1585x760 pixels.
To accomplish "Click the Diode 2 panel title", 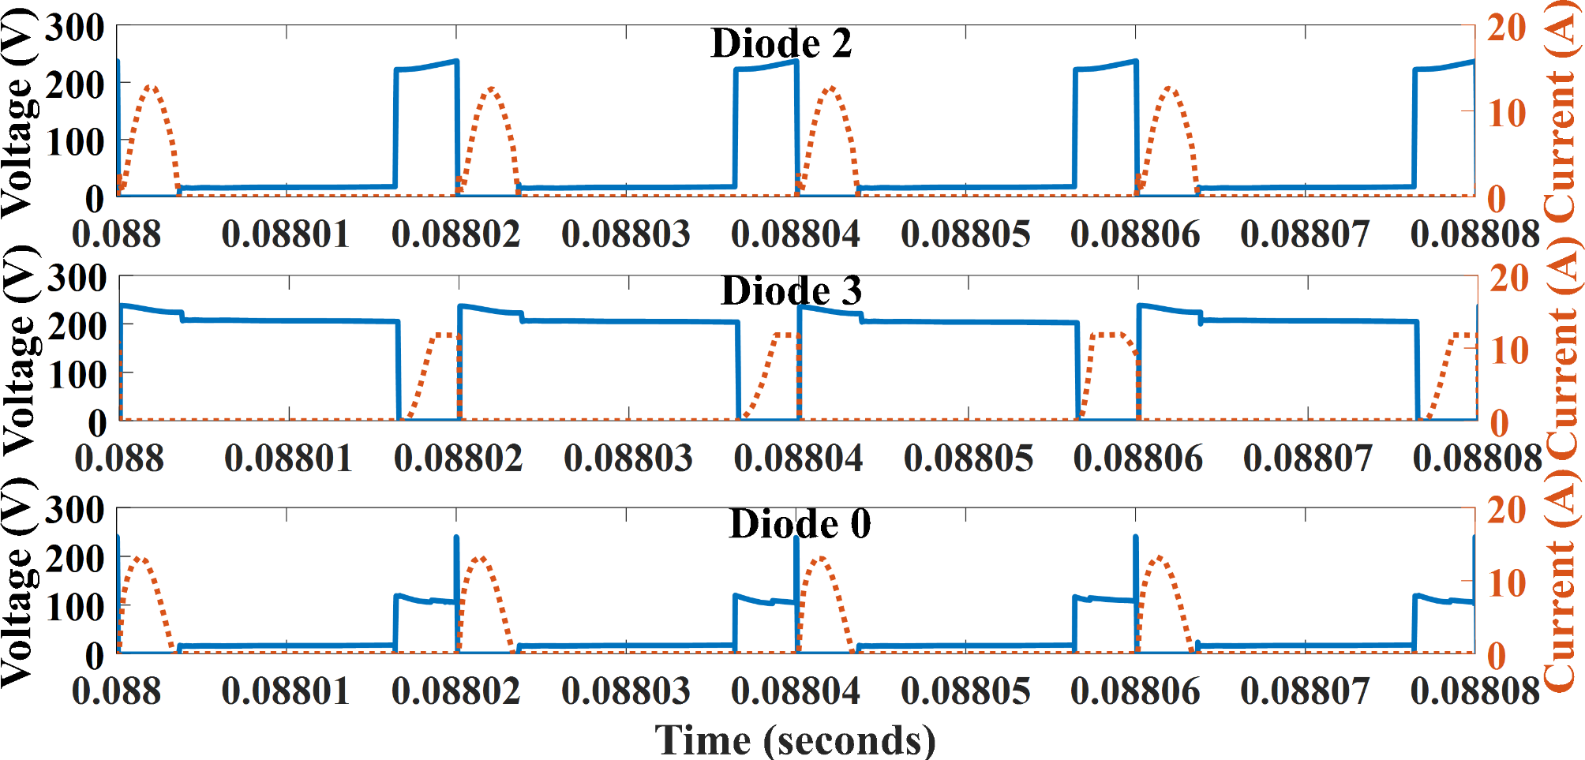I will click(781, 43).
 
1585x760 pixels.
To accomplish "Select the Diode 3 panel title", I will click(791, 291).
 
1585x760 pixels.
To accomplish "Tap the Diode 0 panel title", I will click(800, 524).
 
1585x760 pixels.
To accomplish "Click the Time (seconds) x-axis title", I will click(795, 740).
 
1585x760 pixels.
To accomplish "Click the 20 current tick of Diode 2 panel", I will click(1506, 28).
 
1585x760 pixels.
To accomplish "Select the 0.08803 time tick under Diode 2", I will click(625, 234).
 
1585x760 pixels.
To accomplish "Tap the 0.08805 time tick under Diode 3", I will click(968, 459).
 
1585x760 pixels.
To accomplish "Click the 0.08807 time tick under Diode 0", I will click(1305, 691).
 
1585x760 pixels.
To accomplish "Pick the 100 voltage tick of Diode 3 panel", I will click(77, 375).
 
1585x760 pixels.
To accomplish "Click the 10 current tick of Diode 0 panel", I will click(1507, 585).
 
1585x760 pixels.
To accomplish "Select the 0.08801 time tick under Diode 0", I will click(286, 691).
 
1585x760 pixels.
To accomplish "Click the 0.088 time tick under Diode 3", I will click(119, 459).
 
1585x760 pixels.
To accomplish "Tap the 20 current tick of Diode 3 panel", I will click(1508, 279).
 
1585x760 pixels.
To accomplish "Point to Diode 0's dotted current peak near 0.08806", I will click(1159, 558).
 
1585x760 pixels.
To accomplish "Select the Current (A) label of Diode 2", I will click(1562, 110).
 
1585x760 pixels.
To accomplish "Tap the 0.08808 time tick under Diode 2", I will click(1474, 234).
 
